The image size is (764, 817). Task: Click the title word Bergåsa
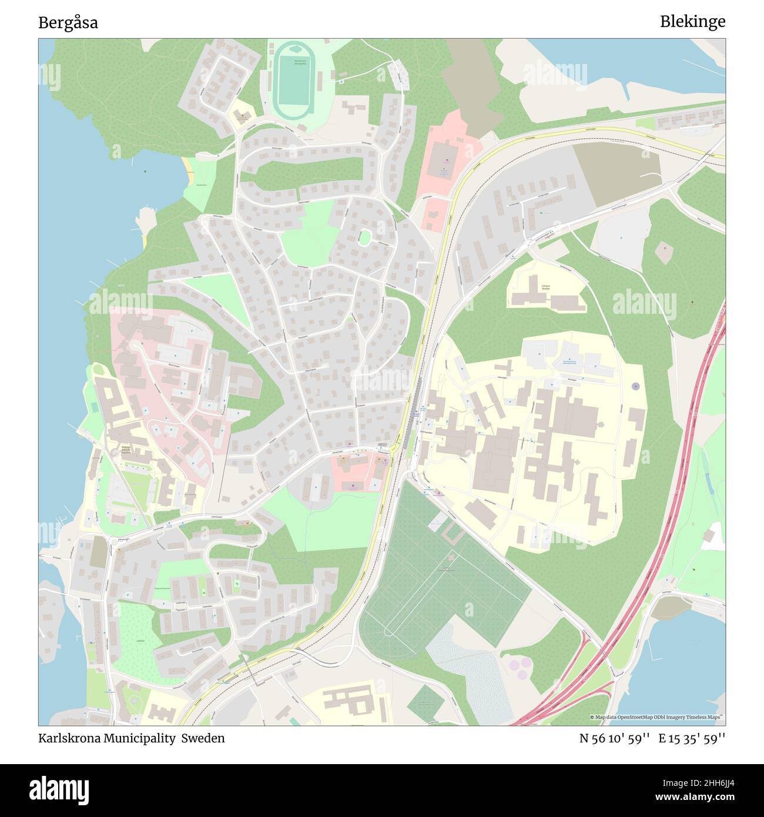tap(68, 23)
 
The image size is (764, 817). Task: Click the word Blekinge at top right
tap(692, 22)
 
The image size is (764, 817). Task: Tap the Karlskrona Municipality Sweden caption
tap(131, 738)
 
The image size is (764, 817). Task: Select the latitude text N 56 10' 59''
tap(614, 738)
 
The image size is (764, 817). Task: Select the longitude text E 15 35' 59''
tap(692, 738)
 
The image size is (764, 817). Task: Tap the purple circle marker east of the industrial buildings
tap(635, 386)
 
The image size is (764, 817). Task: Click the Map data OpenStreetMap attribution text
tap(657, 717)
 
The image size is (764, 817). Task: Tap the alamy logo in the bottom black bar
tap(59, 790)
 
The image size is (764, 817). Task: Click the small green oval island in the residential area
tap(365, 237)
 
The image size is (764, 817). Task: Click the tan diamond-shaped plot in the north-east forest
tap(665, 252)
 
